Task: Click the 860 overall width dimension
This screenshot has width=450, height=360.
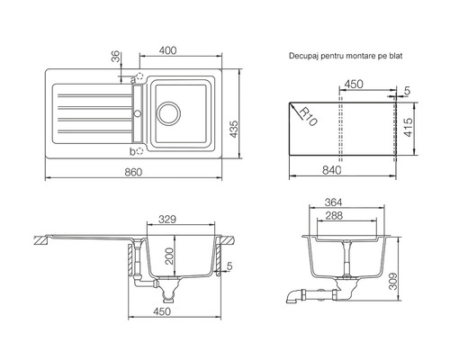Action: pos(133,172)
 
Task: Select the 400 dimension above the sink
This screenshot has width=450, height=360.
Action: pos(167,50)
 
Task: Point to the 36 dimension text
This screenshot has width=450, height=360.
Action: pos(115,57)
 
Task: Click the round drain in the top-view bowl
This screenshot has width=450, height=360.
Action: pos(169,113)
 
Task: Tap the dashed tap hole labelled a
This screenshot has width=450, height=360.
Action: pos(140,76)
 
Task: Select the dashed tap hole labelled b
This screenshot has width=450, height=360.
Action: pos(139,151)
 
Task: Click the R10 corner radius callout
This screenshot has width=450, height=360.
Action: pos(308,117)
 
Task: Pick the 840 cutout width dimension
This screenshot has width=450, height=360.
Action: pos(332,170)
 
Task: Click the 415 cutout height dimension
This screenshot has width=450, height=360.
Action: pos(408,127)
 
